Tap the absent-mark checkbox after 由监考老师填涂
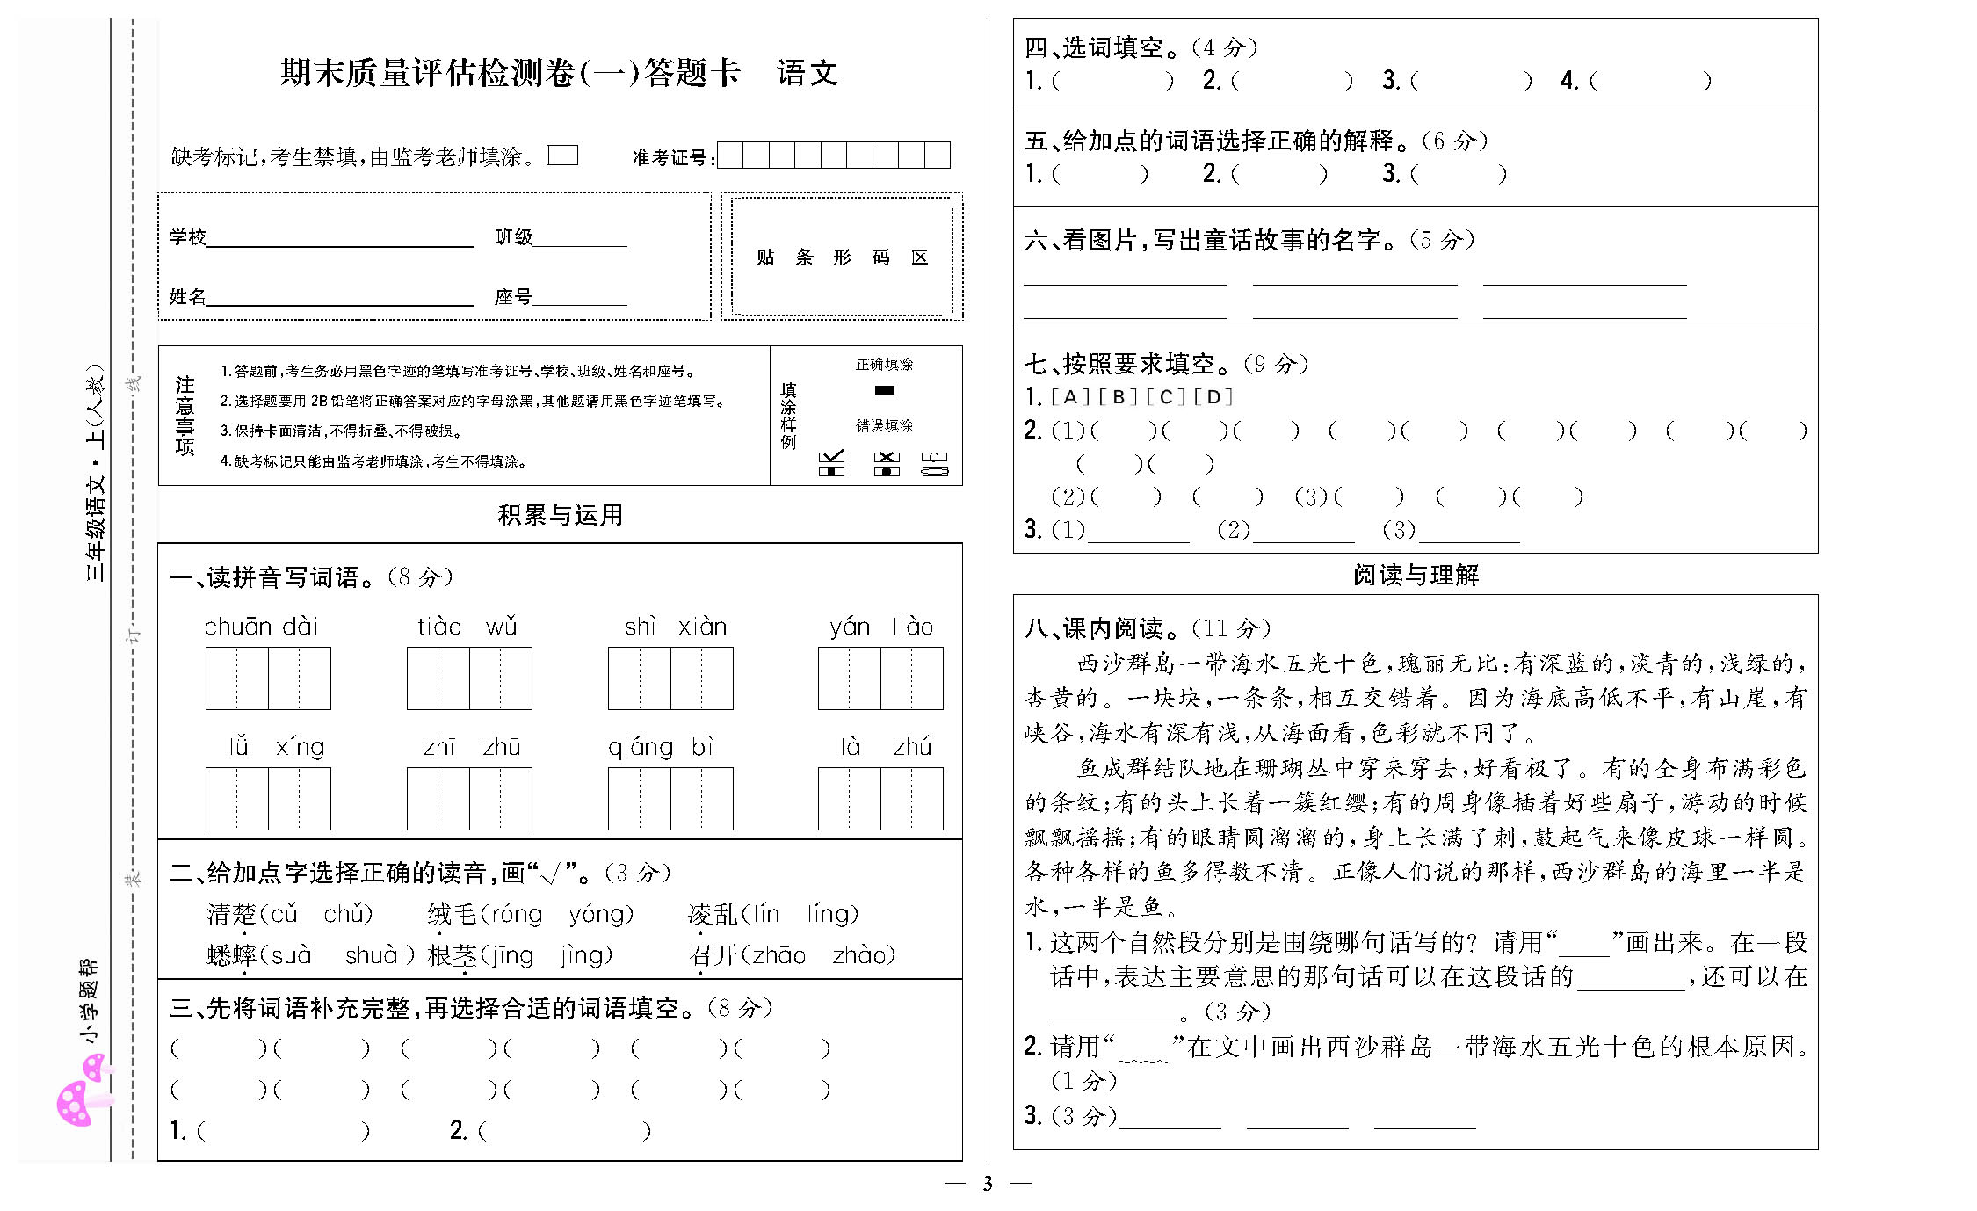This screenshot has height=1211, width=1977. click(562, 156)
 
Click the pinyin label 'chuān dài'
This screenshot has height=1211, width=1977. click(261, 627)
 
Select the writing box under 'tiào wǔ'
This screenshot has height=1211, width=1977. click(469, 678)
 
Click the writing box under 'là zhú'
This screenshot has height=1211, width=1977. click(880, 799)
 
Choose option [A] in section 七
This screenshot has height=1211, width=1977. click(1069, 397)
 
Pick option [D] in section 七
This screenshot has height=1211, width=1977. click(1213, 397)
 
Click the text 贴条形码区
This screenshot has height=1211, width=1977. click(842, 257)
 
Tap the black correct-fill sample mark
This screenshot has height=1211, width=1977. click(884, 390)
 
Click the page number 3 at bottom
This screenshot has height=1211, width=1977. click(988, 1184)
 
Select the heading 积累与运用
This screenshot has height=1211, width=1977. click(560, 515)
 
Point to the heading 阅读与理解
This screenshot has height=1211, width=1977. click(1416, 575)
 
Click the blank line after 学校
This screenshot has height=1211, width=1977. click(340, 239)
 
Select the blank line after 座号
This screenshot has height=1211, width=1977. click(580, 298)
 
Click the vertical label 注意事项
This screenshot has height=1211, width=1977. click(185, 416)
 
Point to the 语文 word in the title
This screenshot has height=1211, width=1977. click(807, 73)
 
